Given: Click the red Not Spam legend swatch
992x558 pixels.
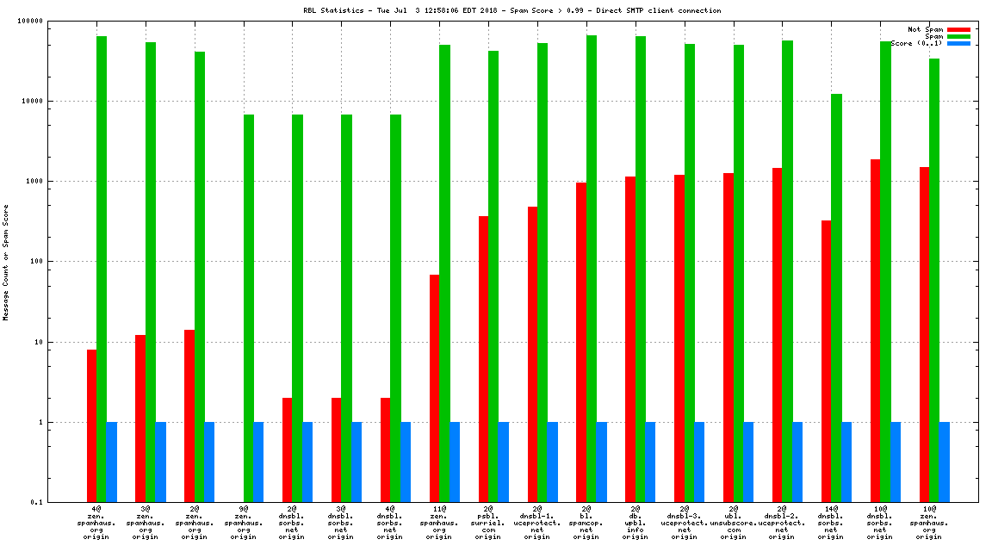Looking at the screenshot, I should tap(959, 29).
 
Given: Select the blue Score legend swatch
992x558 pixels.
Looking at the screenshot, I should tap(959, 43).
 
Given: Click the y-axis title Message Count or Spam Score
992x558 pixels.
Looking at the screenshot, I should tap(6, 262).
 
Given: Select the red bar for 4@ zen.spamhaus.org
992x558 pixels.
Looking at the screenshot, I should tap(91, 425).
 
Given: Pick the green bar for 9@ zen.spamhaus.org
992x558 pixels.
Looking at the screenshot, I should tap(248, 308).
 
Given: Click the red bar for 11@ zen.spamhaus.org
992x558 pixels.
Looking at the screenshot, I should tap(435, 388).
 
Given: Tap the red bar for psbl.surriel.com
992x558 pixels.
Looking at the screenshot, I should tap(484, 359).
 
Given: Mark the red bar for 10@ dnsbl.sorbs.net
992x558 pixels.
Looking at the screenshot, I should tap(876, 331).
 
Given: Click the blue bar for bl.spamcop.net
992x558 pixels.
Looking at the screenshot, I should tap(601, 462).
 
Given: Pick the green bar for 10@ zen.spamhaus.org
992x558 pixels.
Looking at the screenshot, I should tap(934, 281).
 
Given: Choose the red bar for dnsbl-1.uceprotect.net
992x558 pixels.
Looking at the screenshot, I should tap(533, 354).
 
